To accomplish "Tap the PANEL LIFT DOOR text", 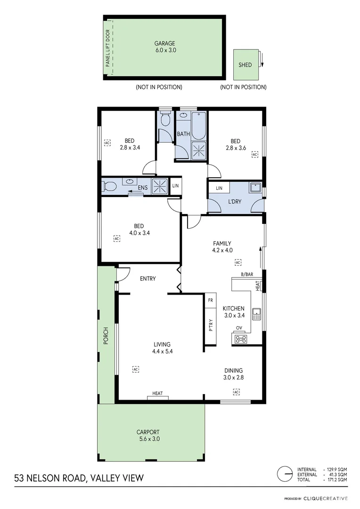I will point(108,48).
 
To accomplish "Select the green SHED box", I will point(245,65).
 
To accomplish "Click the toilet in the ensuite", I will point(108,185).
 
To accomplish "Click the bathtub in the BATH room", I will point(198,124).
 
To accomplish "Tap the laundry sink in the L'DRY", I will point(256,188).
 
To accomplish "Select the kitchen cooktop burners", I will point(241,338).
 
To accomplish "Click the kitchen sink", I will point(257,312).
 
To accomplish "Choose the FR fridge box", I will point(210,300).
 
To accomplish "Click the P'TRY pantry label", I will point(211,326).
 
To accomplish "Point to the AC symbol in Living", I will point(136,369).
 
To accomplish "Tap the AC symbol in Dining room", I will point(236,392).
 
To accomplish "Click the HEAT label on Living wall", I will point(157,393).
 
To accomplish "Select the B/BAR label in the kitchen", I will point(247,274).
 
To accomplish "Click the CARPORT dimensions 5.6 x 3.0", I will point(148,439).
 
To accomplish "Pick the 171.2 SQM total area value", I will point(338,479).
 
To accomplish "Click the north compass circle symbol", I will point(284,474).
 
